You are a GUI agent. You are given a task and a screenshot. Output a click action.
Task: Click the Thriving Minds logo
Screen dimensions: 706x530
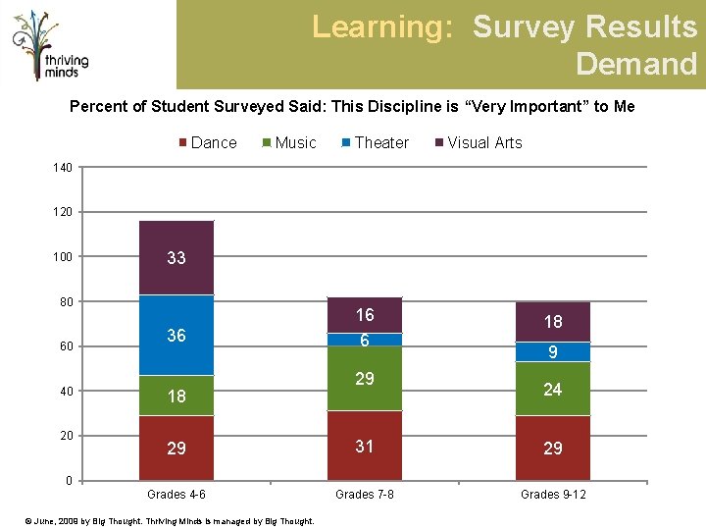tap(50, 45)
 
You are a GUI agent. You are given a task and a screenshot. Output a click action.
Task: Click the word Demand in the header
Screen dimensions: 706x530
tap(636, 64)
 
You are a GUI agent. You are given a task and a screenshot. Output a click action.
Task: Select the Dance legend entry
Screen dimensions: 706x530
tap(208, 143)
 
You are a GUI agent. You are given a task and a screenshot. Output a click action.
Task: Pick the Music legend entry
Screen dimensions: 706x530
tap(289, 143)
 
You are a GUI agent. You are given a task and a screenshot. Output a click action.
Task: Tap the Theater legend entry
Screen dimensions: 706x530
tap(376, 143)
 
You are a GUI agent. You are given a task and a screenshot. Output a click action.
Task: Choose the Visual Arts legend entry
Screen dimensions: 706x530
tap(479, 143)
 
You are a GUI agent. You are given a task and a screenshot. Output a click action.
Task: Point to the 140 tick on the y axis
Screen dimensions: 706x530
tap(63, 168)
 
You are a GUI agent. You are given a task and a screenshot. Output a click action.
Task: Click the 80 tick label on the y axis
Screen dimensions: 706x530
tap(67, 301)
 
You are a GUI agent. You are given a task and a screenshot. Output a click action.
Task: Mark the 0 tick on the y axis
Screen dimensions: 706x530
tap(69, 480)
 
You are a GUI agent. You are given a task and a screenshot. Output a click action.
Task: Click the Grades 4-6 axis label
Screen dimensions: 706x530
tap(176, 495)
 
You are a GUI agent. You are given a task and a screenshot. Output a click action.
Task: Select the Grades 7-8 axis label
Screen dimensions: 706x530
tap(364, 495)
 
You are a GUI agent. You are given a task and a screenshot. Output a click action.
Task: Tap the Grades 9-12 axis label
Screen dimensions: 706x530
tap(553, 495)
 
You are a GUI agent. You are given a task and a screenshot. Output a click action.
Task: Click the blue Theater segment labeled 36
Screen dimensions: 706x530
tap(176, 335)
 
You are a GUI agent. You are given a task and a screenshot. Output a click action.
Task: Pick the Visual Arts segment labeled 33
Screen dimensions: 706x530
tap(176, 258)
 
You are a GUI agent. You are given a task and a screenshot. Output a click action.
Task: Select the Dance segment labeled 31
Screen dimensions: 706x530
tap(365, 446)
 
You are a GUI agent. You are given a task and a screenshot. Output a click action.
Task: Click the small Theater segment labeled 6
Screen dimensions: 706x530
tap(365, 340)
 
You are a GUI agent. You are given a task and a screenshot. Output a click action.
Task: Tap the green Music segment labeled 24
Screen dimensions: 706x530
tap(553, 389)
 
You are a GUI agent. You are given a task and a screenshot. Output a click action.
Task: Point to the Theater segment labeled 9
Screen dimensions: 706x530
tap(553, 352)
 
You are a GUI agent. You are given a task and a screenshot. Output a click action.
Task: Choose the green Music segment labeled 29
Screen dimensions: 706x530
tap(365, 379)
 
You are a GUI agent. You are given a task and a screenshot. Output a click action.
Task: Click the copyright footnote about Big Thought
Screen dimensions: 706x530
tap(170, 521)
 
